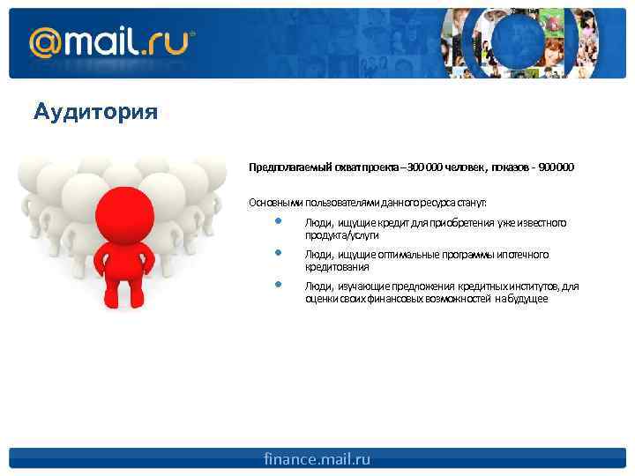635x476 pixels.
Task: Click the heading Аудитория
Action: point(95,113)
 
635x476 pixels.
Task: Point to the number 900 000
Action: point(555,167)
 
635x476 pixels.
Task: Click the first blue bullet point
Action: point(278,221)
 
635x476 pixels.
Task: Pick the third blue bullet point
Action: point(278,285)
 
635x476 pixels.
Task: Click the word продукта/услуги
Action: point(342,235)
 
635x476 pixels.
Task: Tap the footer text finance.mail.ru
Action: point(317,459)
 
